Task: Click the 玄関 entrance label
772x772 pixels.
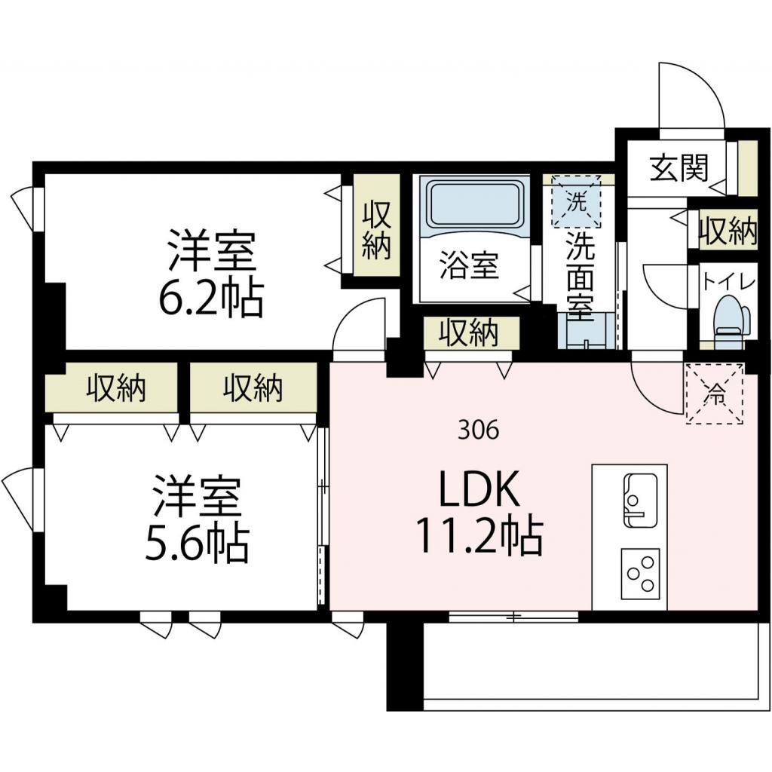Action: click(679, 168)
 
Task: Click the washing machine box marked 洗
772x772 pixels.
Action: click(577, 201)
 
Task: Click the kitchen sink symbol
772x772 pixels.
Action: click(640, 500)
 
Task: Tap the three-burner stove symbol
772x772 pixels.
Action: click(640, 573)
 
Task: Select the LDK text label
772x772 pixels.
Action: click(479, 489)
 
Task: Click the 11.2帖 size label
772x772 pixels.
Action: click(479, 536)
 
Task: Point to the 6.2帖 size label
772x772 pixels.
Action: click(210, 299)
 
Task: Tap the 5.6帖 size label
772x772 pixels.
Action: click(196, 544)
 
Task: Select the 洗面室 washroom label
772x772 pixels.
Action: click(580, 276)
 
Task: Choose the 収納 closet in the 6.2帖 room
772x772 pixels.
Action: click(377, 226)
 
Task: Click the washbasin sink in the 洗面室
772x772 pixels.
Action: click(587, 332)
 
